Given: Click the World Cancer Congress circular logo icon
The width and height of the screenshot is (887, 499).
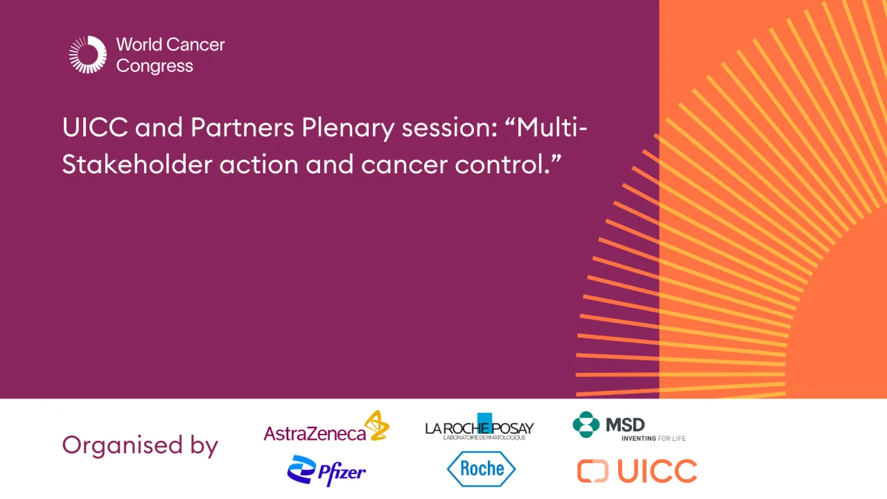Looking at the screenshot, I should (88, 55).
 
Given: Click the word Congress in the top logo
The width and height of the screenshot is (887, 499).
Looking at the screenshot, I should (155, 67).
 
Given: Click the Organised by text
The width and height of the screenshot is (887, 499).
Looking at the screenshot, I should (140, 445).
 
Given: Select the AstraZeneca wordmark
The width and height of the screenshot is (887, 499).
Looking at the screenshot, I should (315, 433).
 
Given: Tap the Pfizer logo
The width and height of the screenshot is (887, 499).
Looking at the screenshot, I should (326, 471).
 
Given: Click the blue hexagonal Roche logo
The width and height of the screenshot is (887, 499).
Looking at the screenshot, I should (481, 469).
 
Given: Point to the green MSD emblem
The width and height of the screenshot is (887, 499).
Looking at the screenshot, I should (586, 424).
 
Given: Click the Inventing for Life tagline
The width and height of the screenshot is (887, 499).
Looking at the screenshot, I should (653, 438).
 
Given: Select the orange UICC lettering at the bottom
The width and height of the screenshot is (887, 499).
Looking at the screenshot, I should (656, 471).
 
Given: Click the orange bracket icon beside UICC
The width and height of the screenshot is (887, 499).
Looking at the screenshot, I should (592, 471).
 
